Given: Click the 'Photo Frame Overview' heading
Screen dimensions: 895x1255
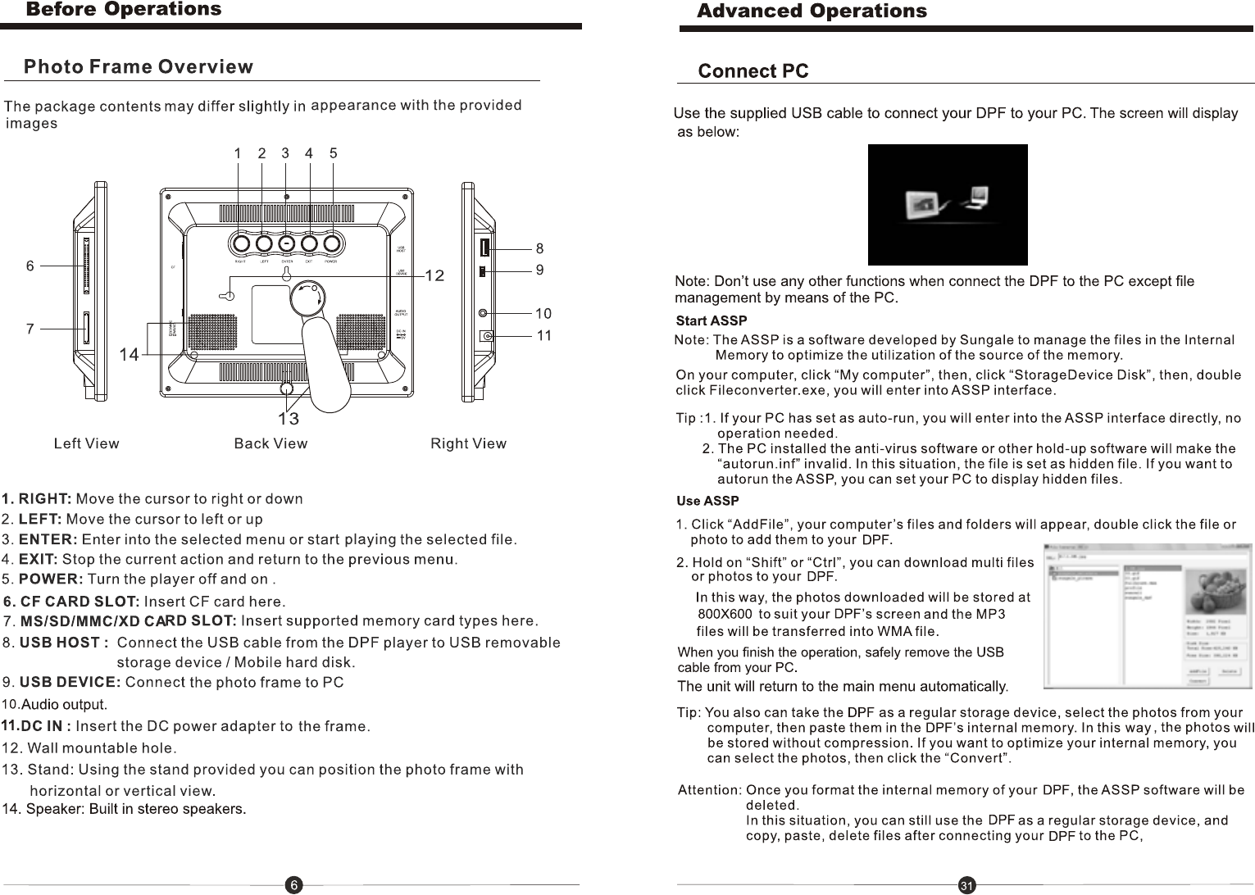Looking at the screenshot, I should [x=139, y=67].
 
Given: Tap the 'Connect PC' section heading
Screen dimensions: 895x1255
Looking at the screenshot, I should [x=753, y=71].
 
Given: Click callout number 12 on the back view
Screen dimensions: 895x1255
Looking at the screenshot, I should [x=434, y=275].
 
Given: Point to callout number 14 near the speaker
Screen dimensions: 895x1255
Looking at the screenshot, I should [x=129, y=354].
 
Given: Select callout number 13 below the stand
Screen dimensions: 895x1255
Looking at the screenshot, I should [x=288, y=419].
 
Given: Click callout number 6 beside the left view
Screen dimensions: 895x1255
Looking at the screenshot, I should [x=30, y=266].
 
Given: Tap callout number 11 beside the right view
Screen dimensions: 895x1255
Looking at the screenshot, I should [x=544, y=335].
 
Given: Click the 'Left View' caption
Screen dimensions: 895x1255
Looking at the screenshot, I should [x=86, y=443].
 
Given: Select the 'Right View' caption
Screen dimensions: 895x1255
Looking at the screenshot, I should [x=468, y=443].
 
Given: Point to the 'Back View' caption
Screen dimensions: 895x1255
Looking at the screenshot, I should [x=271, y=443].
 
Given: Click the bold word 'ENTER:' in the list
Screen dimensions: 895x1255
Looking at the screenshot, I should [x=48, y=539].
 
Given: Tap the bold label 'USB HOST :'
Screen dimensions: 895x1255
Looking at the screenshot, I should [x=64, y=643].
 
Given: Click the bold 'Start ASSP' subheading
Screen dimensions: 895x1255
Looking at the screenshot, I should [x=711, y=320].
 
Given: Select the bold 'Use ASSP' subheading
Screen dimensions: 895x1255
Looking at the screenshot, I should [x=707, y=501].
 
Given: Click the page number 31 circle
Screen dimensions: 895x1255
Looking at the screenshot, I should [x=967, y=886].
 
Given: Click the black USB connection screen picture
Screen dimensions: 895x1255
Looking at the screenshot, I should [x=947, y=205].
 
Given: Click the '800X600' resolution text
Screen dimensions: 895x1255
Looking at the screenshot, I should [x=725, y=614].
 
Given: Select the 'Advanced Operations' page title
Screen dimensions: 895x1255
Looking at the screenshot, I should [x=812, y=11].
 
